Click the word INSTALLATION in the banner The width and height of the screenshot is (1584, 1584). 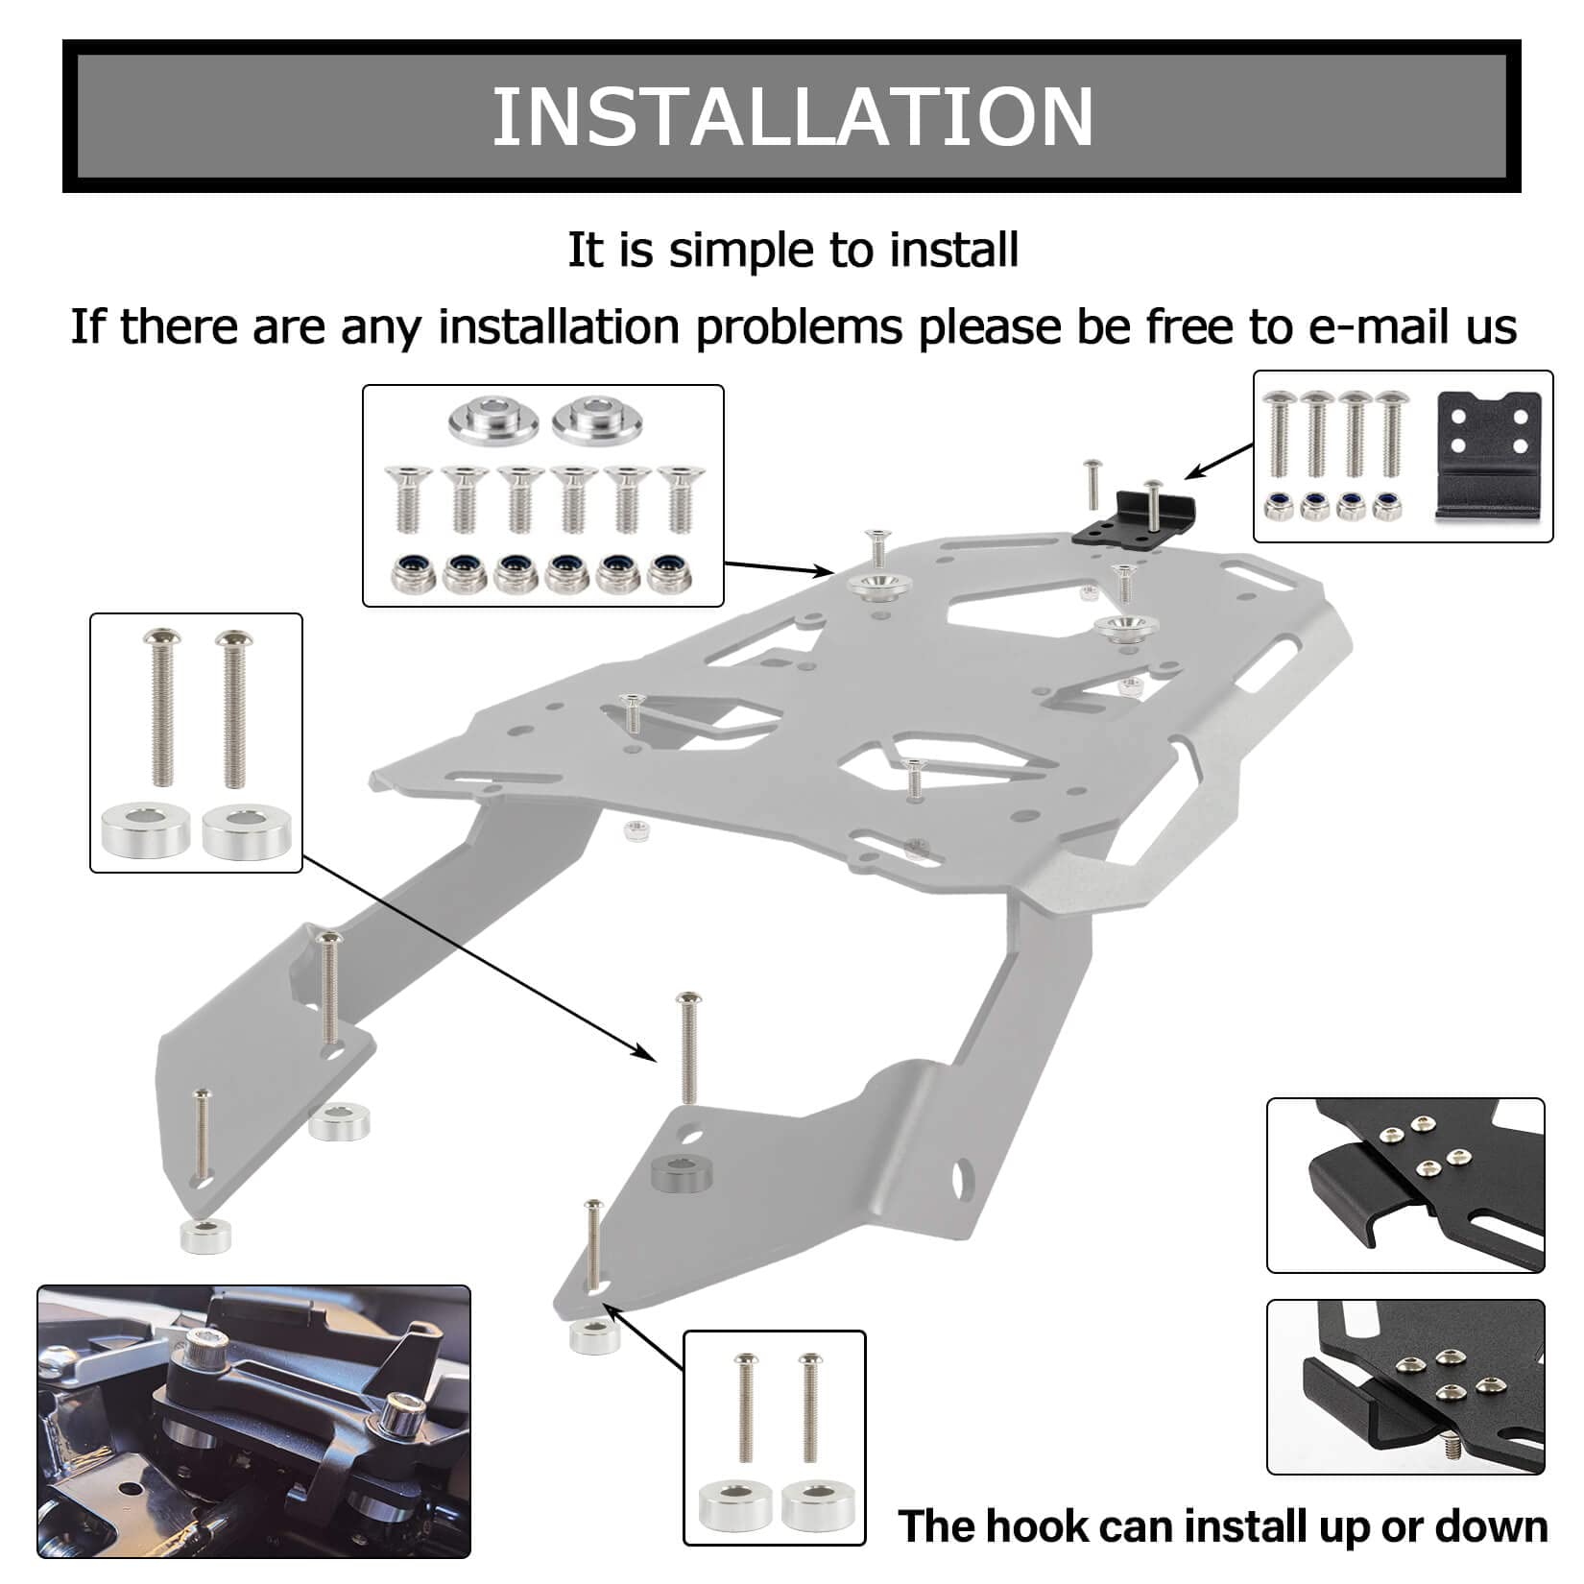click(x=792, y=116)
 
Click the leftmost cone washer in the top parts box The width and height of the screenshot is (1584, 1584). click(x=492, y=420)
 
